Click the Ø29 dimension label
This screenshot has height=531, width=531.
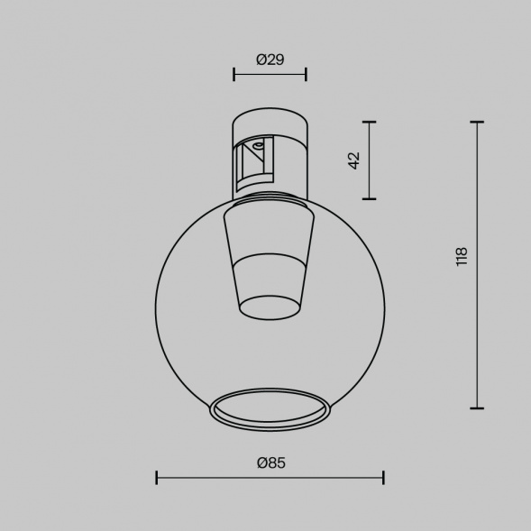point(270,60)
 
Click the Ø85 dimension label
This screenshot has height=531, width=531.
point(270,462)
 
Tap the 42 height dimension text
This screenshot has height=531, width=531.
point(353,160)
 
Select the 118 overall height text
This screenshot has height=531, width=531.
point(462,256)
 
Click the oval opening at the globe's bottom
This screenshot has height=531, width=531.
point(270,407)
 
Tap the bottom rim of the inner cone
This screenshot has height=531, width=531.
point(270,310)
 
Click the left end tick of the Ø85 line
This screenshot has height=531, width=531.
point(157,477)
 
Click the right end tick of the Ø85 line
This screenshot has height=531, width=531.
point(383,477)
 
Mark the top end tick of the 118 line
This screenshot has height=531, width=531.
point(477,122)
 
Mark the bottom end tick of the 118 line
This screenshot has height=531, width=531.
point(477,407)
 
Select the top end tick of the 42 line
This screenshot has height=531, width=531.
point(370,122)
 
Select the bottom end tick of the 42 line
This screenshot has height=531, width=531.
point(370,198)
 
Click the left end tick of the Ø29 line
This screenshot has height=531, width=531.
point(233,74)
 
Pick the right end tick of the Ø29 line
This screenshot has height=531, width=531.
point(306,74)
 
